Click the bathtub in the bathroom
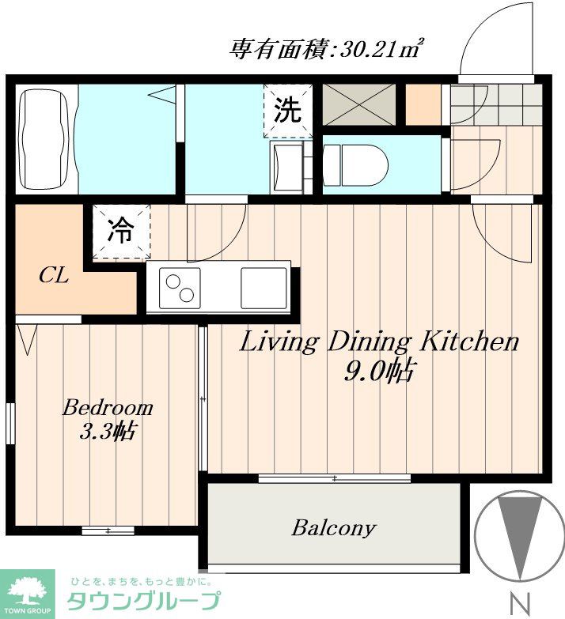[47, 139]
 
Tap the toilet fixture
[355, 165]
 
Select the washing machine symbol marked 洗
[287, 111]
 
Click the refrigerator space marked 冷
[121, 232]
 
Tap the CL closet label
[54, 276]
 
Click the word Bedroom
[108, 408]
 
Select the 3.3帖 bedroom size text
[108, 432]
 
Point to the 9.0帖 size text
[379, 372]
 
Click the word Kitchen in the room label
[469, 342]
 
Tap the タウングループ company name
[143, 602]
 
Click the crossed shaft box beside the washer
[359, 104]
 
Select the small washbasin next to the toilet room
[288, 168]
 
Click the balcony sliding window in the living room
[335, 478]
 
